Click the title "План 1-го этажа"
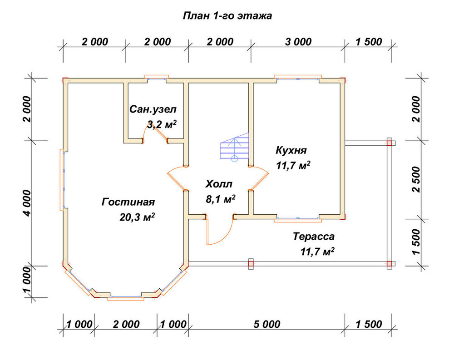[x=227, y=15]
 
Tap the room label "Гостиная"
[x=128, y=202]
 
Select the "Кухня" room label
[x=291, y=150]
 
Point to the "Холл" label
[x=219, y=184]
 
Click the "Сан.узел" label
[x=153, y=109]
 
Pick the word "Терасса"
[x=314, y=237]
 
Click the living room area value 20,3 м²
[x=137, y=217]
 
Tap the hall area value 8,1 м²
[x=220, y=199]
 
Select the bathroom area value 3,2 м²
[x=162, y=124]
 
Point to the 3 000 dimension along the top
[x=298, y=42]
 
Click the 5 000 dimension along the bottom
[x=266, y=324]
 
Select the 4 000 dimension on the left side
[x=27, y=203]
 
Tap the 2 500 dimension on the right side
[x=416, y=179]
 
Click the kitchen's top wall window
[x=298, y=77]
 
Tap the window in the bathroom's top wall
[x=157, y=77]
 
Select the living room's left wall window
[x=62, y=179]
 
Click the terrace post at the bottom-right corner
[x=390, y=264]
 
